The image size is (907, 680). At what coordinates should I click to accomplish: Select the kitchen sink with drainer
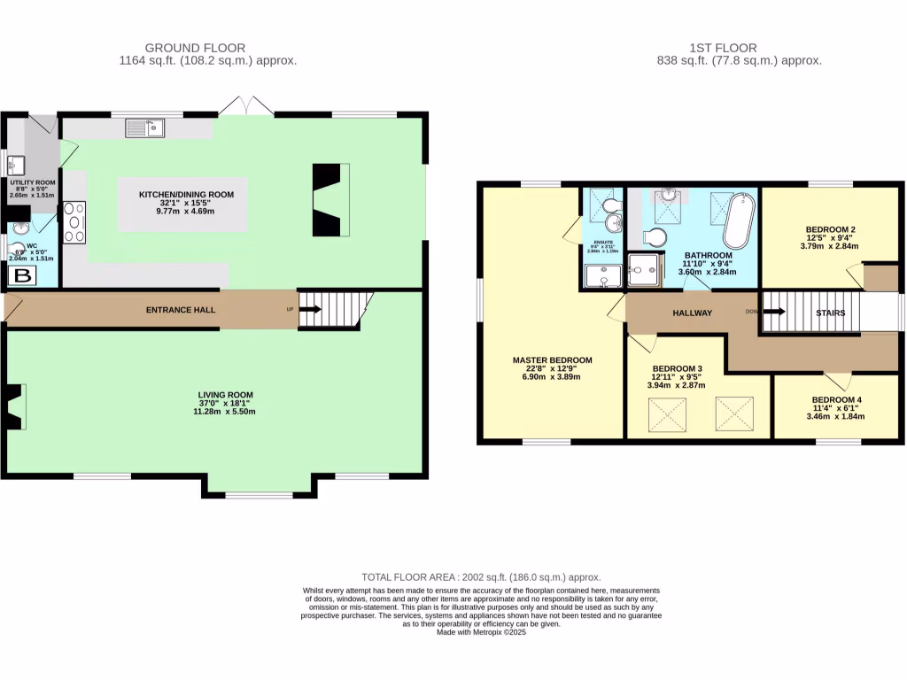pos(145,129)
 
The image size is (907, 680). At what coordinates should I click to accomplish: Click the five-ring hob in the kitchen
pos(74,222)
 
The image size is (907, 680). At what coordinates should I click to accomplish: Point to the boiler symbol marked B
pos(21,276)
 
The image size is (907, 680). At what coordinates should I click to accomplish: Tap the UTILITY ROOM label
pos(33,182)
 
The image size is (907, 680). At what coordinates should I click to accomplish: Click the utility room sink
pos(18,164)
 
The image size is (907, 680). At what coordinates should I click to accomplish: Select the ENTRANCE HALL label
pos(181,310)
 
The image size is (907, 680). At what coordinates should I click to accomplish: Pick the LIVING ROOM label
pos(226,395)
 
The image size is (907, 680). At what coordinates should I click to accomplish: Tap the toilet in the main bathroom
pos(654,237)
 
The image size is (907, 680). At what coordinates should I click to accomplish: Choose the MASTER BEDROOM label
pos(552,360)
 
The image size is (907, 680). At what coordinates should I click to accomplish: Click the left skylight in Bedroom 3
pos(669,413)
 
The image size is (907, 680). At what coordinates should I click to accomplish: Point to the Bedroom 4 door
pos(837,380)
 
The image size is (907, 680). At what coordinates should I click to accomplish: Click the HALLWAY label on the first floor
pos(692,313)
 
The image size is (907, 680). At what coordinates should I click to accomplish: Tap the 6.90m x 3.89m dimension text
pos(552,376)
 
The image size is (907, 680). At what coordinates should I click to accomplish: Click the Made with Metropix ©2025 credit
pos(481,632)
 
